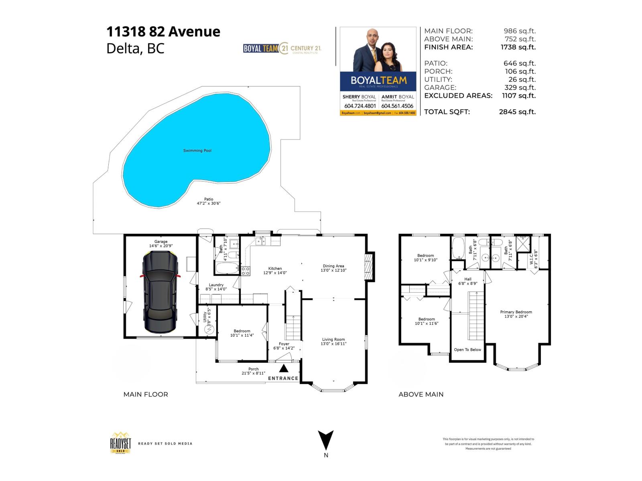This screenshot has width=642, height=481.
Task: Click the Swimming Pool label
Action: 197,151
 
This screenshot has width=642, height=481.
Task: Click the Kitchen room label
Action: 275,269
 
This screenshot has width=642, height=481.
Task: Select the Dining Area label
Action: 333,266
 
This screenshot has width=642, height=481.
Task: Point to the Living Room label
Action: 333,340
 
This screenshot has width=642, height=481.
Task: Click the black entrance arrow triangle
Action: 284,368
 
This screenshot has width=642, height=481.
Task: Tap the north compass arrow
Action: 326,440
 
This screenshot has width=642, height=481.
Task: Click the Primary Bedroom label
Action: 516,312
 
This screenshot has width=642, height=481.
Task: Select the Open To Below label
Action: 467,350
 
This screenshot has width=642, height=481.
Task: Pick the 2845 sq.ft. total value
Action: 517,112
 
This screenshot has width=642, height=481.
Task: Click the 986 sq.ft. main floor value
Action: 520,31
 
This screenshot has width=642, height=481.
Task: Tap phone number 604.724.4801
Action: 360,106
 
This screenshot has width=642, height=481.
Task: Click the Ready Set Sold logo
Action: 121,443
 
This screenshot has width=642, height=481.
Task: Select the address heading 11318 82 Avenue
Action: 163,32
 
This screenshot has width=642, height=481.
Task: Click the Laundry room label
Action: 216,285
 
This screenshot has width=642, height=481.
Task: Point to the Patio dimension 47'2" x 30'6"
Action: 208,203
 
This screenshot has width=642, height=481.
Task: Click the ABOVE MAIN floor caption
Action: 421,394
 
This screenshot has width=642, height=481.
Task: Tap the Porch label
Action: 253,369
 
